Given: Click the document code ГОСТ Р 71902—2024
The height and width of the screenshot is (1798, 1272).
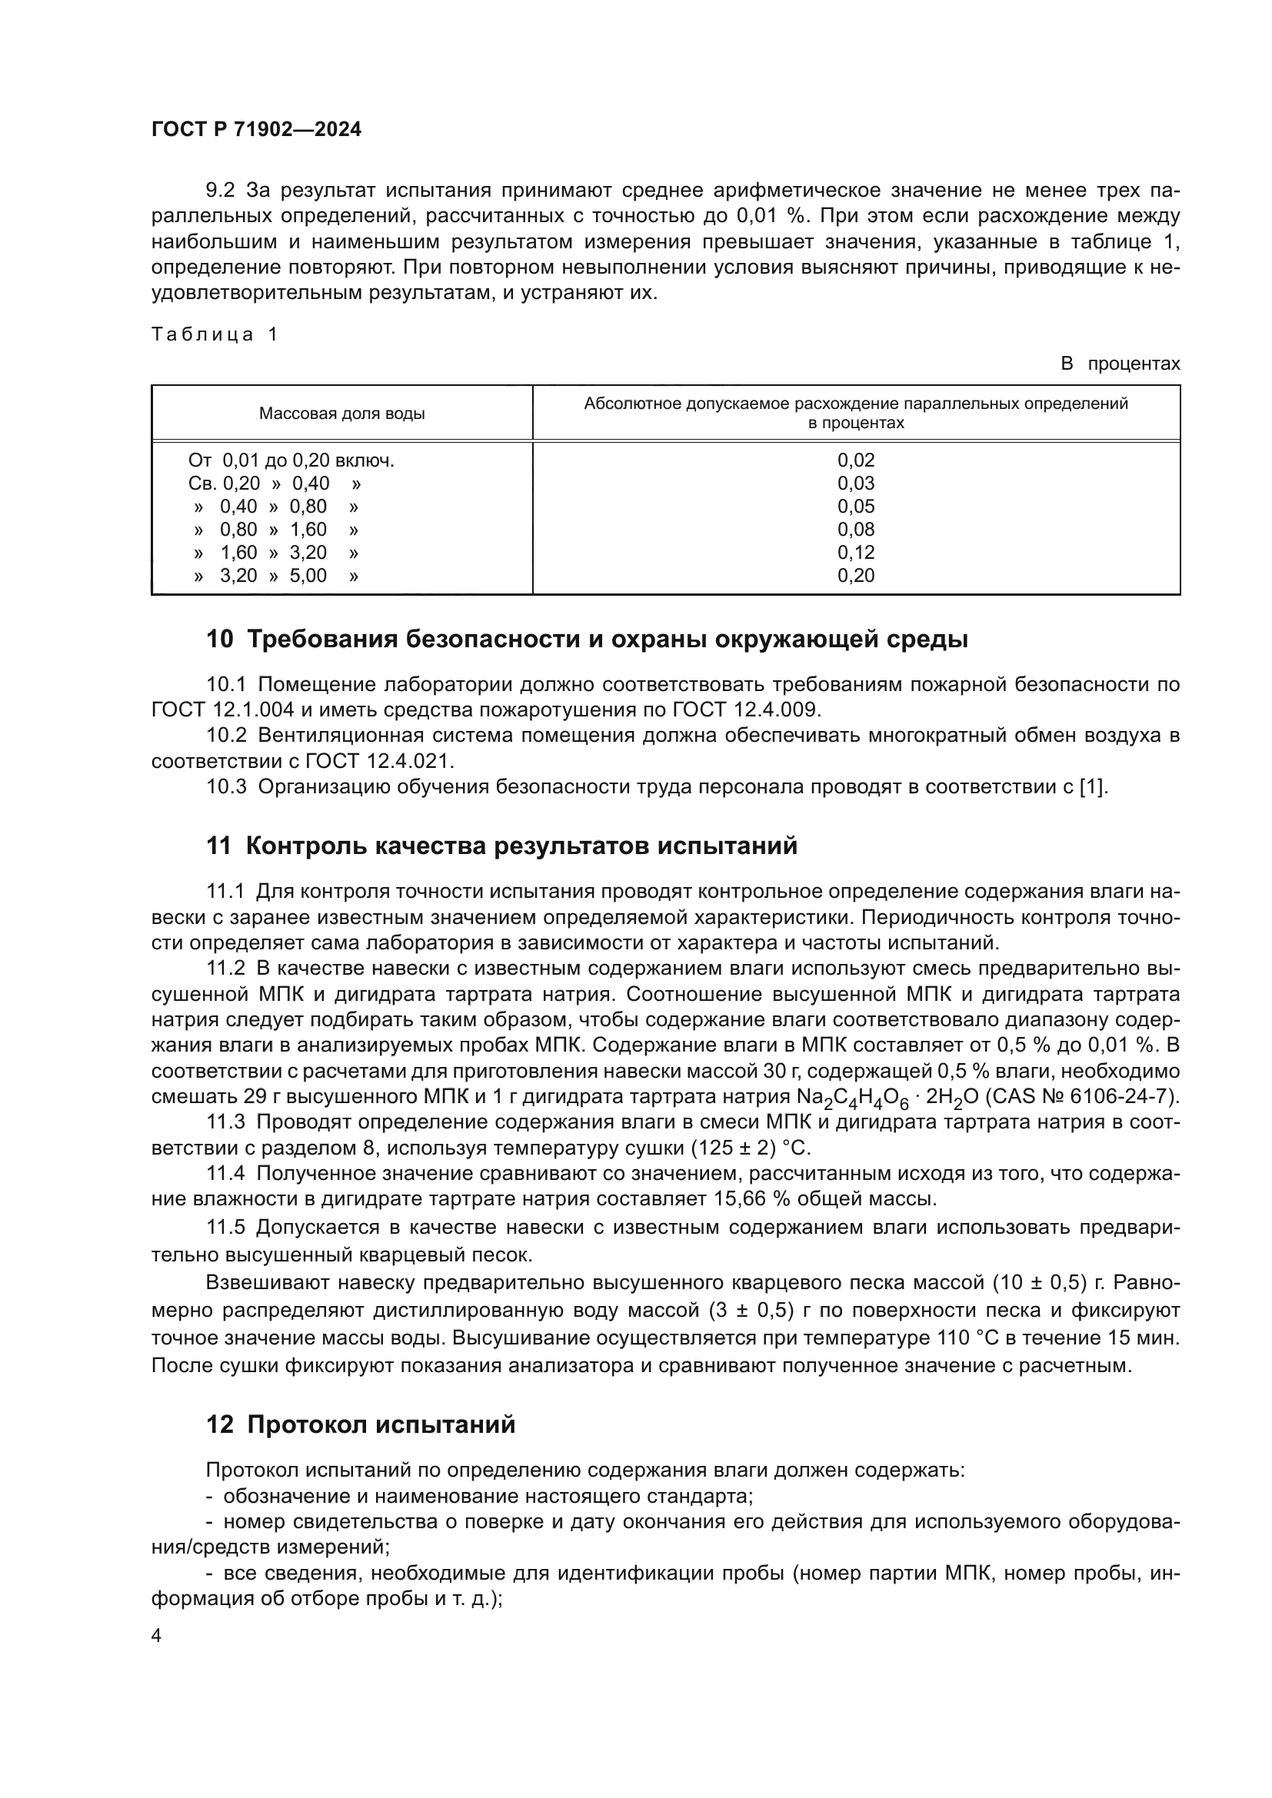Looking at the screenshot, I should click(256, 130).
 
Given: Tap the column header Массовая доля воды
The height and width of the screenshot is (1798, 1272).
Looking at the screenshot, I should click(341, 414).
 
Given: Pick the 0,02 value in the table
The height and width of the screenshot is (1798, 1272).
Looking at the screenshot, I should click(855, 460).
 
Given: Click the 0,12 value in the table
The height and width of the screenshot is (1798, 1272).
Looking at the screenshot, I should click(855, 553).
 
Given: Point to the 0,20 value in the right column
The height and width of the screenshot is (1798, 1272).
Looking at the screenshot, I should click(855, 576).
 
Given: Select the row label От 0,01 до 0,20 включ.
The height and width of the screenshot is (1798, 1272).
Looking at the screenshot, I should click(291, 460).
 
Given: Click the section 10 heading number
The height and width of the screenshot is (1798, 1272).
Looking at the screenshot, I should click(219, 640).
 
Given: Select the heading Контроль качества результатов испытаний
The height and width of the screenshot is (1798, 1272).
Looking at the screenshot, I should click(521, 846).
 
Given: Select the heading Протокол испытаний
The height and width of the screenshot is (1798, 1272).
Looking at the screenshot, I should click(381, 1424).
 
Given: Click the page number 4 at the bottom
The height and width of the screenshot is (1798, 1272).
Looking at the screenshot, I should click(157, 1636).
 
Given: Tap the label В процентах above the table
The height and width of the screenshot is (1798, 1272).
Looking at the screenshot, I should click(1119, 364).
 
